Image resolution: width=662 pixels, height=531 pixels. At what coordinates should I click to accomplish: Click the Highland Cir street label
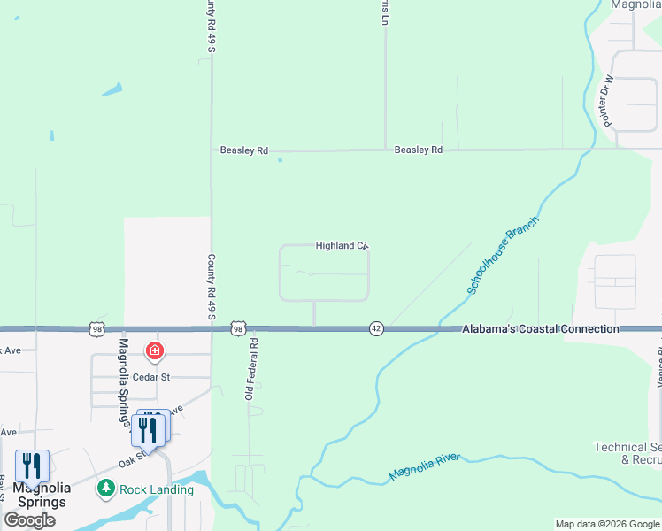click(x=341, y=246)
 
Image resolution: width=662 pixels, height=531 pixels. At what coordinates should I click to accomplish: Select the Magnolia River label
click(x=425, y=466)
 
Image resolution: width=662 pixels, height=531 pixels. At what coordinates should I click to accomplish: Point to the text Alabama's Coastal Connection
click(x=541, y=329)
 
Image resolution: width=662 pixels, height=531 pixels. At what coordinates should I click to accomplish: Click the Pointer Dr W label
click(x=609, y=102)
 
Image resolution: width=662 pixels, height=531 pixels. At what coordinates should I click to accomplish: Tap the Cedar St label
click(x=176, y=377)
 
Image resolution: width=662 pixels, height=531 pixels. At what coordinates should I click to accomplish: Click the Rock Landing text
click(x=158, y=489)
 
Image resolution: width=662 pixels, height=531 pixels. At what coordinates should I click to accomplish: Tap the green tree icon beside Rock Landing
click(x=106, y=489)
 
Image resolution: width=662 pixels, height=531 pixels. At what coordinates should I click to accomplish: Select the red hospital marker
click(x=156, y=352)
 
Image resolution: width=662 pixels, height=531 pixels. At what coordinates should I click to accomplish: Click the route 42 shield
click(x=375, y=328)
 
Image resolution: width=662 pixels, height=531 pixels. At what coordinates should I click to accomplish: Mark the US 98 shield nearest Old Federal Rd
click(x=237, y=328)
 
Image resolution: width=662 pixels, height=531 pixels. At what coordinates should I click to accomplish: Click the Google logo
click(x=29, y=520)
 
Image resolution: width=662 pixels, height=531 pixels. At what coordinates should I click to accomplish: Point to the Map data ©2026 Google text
click(x=607, y=524)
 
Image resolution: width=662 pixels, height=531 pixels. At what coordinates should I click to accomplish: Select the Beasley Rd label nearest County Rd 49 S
click(x=244, y=151)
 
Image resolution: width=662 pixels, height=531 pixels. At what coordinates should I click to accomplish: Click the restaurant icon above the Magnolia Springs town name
click(x=33, y=466)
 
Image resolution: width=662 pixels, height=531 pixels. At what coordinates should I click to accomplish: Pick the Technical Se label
click(x=627, y=448)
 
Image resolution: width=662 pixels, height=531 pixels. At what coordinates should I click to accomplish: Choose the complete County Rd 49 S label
click(x=212, y=288)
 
